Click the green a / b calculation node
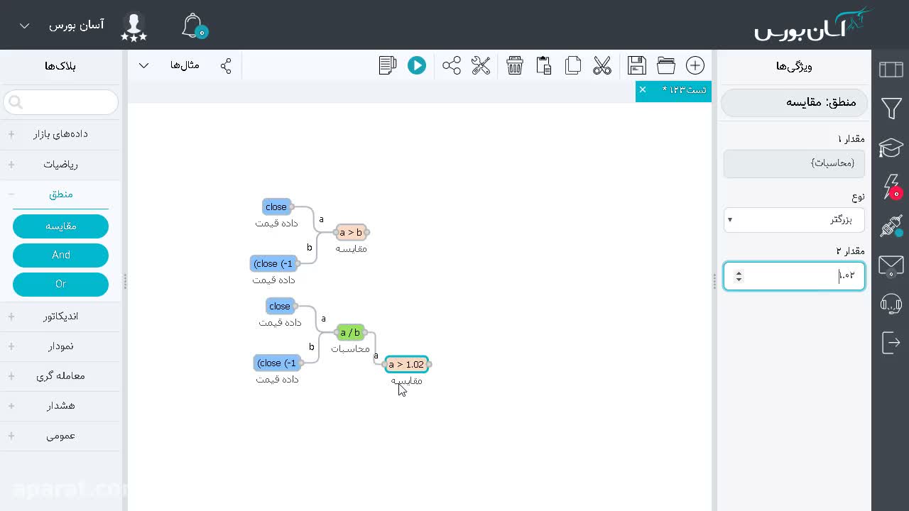pyautogui.click(x=350, y=333)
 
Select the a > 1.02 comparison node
pyautogui.click(x=406, y=364)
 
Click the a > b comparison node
pyautogui.click(x=351, y=232)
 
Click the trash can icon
pyautogui.click(x=515, y=66)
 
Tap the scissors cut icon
pyautogui.click(x=602, y=66)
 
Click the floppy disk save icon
pyautogui.click(x=637, y=66)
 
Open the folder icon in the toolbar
pyautogui.click(x=666, y=66)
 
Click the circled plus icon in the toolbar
pyautogui.click(x=695, y=66)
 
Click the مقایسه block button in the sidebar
pyautogui.click(x=61, y=226)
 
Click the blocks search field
pyautogui.click(x=61, y=102)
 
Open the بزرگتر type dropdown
pyautogui.click(x=794, y=220)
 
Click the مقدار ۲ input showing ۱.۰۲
pyautogui.click(x=794, y=276)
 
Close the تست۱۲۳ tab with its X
pyautogui.click(x=643, y=89)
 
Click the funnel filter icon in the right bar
pyautogui.click(x=891, y=108)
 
